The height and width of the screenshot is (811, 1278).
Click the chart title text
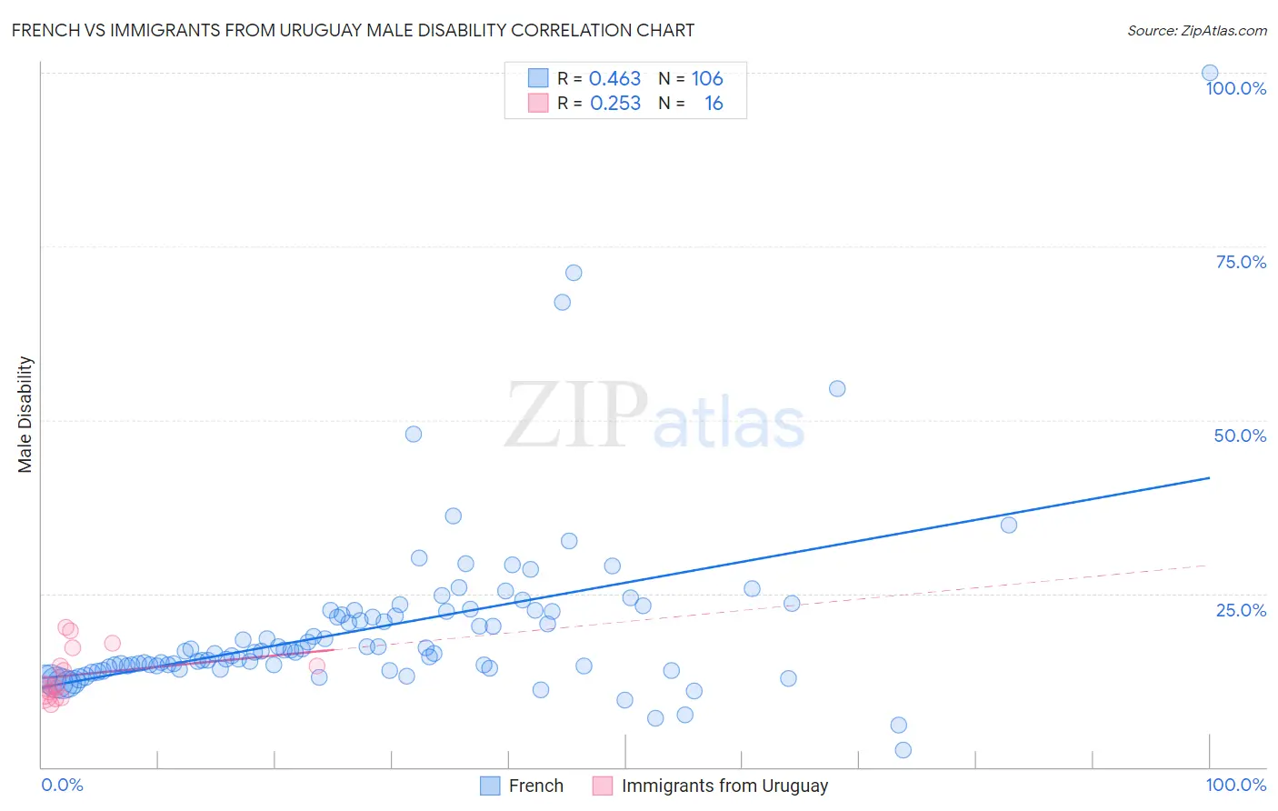pos(353,30)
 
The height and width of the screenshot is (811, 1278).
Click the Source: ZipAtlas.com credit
pos(1196,30)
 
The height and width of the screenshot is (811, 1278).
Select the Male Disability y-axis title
pos(25,414)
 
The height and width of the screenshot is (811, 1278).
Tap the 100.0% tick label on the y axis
pos(1235,88)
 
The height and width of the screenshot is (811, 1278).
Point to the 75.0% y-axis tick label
pos(1241,262)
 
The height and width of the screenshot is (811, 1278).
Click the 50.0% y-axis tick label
pos(1240,436)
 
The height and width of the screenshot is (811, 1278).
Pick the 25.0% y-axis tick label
pos(1241,609)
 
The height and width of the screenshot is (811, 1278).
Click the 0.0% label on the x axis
pos(62,785)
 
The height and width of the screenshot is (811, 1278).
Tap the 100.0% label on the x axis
pos(1235,785)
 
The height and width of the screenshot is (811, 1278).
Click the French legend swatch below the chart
pos(490,786)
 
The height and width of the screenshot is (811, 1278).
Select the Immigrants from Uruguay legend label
pos(724,786)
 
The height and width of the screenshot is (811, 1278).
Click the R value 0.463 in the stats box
pos(614,78)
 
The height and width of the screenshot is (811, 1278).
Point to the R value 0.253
pos(615,104)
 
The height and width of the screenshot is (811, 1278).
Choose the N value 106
pos(707,78)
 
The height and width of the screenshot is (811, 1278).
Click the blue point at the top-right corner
pos(1210,73)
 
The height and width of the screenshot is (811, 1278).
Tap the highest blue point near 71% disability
pos(574,273)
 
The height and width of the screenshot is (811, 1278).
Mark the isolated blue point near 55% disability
pos(837,388)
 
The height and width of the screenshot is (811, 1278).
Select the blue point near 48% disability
pos(414,434)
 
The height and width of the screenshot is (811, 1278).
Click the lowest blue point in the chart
pos(903,750)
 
